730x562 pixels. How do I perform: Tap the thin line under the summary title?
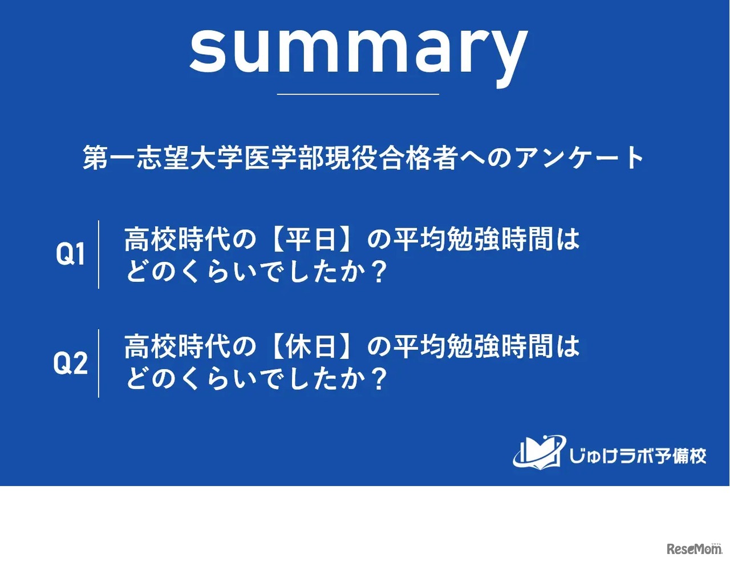[x=358, y=94]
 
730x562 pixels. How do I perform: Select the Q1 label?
[x=70, y=254]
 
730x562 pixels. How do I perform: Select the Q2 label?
[x=71, y=363]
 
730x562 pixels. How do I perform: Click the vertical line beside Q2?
[x=99, y=363]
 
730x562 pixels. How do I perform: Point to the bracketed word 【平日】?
[x=310, y=240]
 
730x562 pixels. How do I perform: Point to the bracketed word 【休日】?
[x=310, y=346]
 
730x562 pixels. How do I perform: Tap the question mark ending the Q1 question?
[x=378, y=272]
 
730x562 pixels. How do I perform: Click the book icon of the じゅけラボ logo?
[x=539, y=452]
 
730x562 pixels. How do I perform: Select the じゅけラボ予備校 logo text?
[x=637, y=456]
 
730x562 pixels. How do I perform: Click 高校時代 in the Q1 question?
[x=177, y=240]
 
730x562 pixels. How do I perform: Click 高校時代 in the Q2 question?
[x=177, y=346]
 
